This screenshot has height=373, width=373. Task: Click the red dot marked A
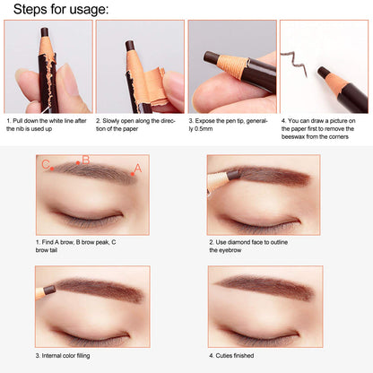pyautogui.click(x=133, y=174)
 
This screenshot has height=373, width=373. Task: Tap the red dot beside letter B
pyautogui.click(x=78, y=163)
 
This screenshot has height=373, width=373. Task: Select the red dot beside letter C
pyautogui.click(x=52, y=169)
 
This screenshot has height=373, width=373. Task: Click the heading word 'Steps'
pyautogui.click(x=30, y=10)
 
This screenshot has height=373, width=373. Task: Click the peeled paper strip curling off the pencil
pyautogui.click(x=155, y=87)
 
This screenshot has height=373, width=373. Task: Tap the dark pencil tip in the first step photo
pyautogui.click(x=45, y=31)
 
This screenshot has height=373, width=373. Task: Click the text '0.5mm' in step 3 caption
pyautogui.click(x=204, y=129)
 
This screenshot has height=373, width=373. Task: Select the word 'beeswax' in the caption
pyautogui.click(x=291, y=137)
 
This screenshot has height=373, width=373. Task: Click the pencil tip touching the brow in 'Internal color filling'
pyautogui.click(x=49, y=290)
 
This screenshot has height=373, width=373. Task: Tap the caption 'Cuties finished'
pyautogui.click(x=235, y=356)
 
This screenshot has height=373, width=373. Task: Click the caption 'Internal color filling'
pyautogui.click(x=65, y=356)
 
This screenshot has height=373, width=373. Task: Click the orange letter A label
pyautogui.click(x=138, y=169)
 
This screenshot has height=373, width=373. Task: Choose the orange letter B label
pyautogui.click(x=86, y=160)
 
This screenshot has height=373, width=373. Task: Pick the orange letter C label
pyautogui.click(x=46, y=164)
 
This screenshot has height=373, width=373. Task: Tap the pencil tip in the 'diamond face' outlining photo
pyautogui.click(x=234, y=175)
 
